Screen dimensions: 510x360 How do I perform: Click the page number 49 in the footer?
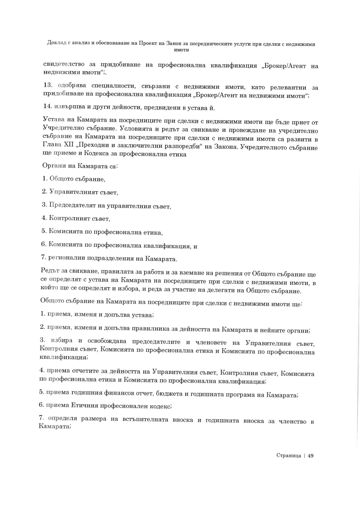(310, 456)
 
